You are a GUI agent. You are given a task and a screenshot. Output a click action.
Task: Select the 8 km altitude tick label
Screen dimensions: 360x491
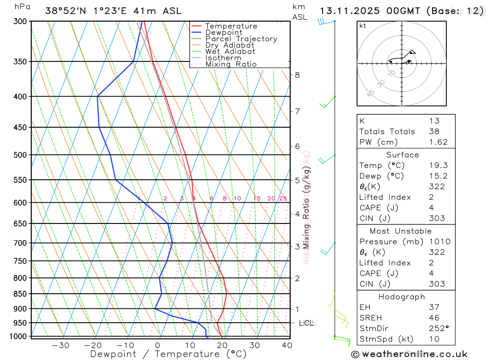coord(297,75)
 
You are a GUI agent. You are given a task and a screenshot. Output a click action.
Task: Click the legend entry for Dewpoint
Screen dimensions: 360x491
coord(223,32)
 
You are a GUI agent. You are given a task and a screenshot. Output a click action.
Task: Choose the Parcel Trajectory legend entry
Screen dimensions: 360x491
coord(241,39)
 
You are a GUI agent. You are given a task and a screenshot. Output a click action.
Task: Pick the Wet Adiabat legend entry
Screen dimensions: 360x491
coord(230,52)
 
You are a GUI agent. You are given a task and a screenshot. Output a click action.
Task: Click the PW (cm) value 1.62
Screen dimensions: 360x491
coord(438,142)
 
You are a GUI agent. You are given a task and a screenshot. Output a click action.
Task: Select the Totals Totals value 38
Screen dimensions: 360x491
coord(434,131)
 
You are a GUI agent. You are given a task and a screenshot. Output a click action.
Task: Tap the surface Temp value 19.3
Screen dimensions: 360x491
coord(438,166)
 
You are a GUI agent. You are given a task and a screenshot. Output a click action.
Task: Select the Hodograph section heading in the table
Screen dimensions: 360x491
coord(402,297)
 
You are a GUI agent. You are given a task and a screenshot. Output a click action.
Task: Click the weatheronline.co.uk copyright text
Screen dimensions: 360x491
coord(409,354)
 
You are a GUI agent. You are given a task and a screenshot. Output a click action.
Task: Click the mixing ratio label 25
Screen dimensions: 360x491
coord(283,198)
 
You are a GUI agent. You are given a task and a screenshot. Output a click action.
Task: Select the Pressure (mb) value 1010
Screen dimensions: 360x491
coord(438,242)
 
